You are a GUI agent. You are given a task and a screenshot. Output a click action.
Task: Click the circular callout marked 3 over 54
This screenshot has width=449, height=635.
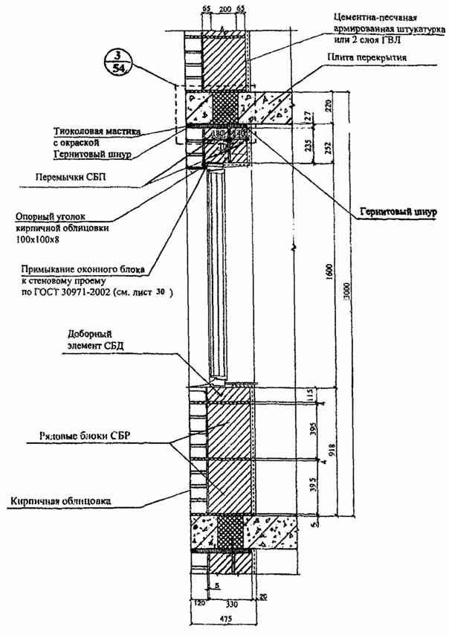pyautogui.click(x=115, y=63)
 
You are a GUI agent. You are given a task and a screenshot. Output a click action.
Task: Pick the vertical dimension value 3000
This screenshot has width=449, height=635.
pyautogui.click(x=340, y=297)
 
